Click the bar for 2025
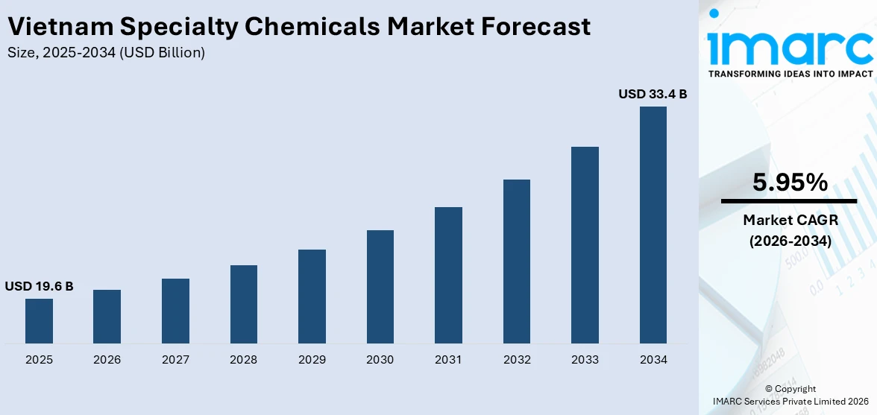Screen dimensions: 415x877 pyautogui.click(x=39, y=321)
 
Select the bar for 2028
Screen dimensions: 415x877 pyautogui.click(x=244, y=304)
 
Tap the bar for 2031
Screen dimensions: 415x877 pyautogui.click(x=448, y=275)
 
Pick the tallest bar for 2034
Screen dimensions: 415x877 pyautogui.click(x=653, y=224)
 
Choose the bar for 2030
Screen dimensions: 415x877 pyautogui.click(x=380, y=287)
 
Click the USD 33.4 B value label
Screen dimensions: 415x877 pyautogui.click(x=653, y=95)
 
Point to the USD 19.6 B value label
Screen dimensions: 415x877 pyautogui.click(x=39, y=286)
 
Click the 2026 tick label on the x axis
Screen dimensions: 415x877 pyautogui.click(x=107, y=360)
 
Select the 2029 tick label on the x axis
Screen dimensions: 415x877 pyautogui.click(x=312, y=360)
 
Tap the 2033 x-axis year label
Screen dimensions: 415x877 pyautogui.click(x=585, y=360)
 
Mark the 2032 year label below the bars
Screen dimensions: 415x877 pyautogui.click(x=517, y=360)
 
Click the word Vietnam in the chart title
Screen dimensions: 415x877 pyautogui.click(x=60, y=27)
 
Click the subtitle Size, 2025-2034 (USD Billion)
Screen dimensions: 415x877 pyautogui.click(x=105, y=53)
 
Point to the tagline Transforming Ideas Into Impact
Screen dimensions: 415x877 pyautogui.click(x=790, y=75)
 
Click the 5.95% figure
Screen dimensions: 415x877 pyautogui.click(x=790, y=183)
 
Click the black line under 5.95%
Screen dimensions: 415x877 pyautogui.click(x=789, y=201)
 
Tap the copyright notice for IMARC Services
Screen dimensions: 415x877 pyautogui.click(x=790, y=395)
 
